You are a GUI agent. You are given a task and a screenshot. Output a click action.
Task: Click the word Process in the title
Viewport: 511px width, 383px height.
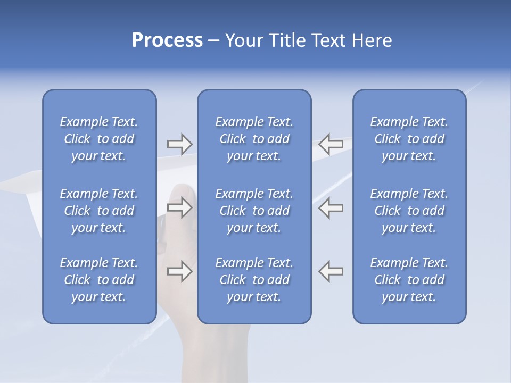pyautogui.click(x=167, y=40)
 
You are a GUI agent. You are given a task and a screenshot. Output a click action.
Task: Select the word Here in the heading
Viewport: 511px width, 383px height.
pyautogui.click(x=372, y=40)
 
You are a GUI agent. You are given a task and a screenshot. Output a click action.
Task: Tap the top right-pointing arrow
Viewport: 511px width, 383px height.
pyautogui.click(x=179, y=144)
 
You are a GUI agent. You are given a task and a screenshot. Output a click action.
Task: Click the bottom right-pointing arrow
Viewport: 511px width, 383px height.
pyautogui.click(x=179, y=271)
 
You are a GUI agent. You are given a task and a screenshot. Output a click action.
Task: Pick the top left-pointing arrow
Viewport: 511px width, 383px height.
pyautogui.click(x=331, y=144)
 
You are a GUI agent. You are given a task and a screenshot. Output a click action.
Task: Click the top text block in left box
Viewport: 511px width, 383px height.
pyautogui.click(x=99, y=139)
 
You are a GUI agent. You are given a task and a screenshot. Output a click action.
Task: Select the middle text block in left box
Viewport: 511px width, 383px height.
pyautogui.click(x=99, y=211)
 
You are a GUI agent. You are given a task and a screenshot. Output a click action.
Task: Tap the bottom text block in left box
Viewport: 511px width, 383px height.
pyautogui.click(x=99, y=280)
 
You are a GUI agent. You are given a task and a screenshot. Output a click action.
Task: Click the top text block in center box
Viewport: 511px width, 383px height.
pyautogui.click(x=254, y=139)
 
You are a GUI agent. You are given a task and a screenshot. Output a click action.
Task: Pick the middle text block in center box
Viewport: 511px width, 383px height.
pyautogui.click(x=254, y=211)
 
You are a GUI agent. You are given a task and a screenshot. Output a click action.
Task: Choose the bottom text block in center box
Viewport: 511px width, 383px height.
pyautogui.click(x=254, y=280)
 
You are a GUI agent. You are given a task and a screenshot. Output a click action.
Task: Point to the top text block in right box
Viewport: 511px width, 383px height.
pyautogui.click(x=409, y=139)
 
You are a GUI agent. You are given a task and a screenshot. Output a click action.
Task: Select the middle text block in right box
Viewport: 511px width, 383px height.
pyautogui.click(x=409, y=211)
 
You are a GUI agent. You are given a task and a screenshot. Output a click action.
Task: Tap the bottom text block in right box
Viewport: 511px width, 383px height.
pyautogui.click(x=409, y=280)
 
